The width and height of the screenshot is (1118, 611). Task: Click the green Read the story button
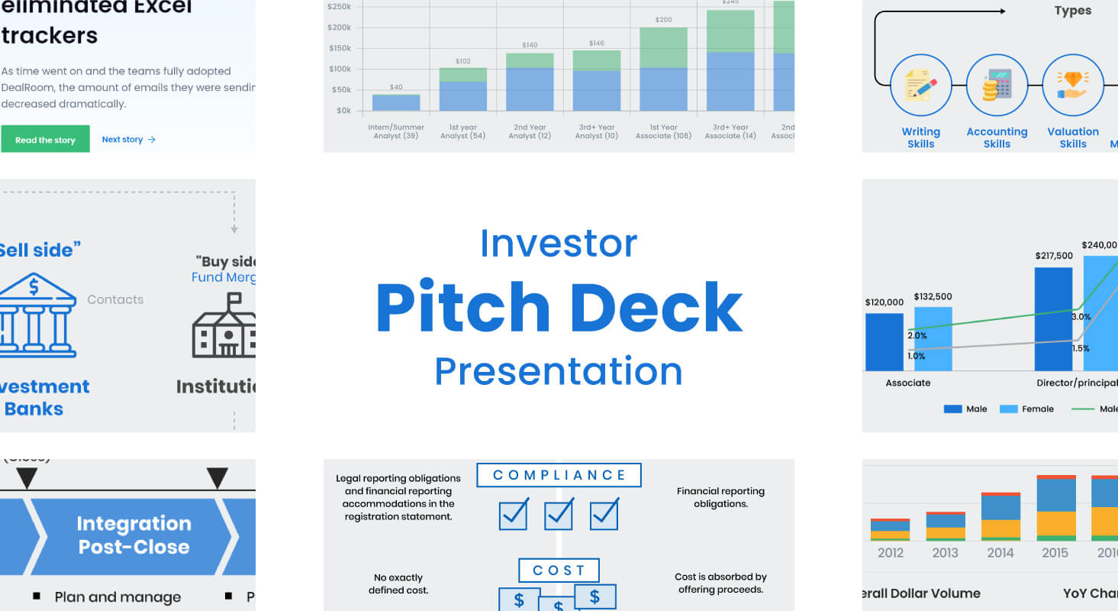(45, 139)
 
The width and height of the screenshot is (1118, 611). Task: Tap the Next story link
(128, 140)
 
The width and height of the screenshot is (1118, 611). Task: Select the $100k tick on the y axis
(339, 69)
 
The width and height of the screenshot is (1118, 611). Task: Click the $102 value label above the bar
(462, 61)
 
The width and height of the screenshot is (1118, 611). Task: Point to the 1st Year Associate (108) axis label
(663, 131)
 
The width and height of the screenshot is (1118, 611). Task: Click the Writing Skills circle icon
(920, 85)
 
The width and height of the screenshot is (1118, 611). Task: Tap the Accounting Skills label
(997, 137)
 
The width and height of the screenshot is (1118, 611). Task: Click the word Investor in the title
(559, 243)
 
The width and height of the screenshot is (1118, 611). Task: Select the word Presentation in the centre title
(559, 371)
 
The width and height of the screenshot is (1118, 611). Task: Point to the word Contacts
(115, 299)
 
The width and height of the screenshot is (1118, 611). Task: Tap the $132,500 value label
(934, 296)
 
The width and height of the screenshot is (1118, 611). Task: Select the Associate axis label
(907, 383)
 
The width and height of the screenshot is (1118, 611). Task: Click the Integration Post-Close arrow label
(134, 535)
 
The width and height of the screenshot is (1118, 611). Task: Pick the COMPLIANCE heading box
(559, 475)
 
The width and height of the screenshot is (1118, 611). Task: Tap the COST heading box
(559, 571)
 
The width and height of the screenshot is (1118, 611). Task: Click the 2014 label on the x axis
(1000, 552)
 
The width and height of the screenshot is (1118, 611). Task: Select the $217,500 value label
(1054, 256)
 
